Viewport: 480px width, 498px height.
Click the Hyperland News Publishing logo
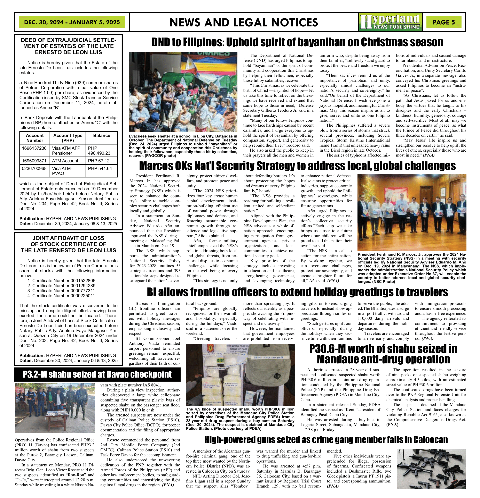coord(390,22)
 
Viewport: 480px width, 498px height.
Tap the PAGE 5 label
coord(444,22)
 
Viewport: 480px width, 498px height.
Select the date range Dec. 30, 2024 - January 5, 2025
coord(72,22)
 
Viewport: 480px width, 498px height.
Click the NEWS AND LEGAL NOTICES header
coord(244,22)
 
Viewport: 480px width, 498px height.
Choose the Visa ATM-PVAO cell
coord(68,171)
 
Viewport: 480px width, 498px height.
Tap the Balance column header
coord(102,136)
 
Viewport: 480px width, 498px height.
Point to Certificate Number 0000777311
coord(61,291)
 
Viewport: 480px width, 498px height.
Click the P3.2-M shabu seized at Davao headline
coord(97,374)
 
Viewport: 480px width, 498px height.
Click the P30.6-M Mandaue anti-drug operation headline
coord(383,354)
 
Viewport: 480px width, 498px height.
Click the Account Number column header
coord(35,138)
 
